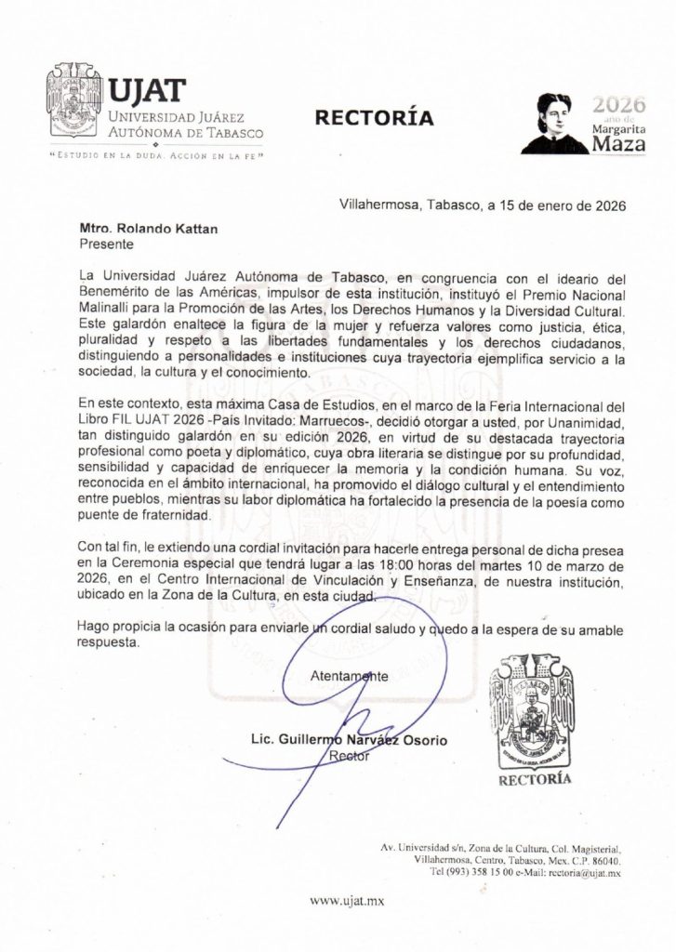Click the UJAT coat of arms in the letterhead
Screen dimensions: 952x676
pyautogui.click(x=74, y=104)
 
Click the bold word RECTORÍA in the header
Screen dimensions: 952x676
pyautogui.click(x=374, y=118)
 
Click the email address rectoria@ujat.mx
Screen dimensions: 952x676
pyautogui.click(x=584, y=874)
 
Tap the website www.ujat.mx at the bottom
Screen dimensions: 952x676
pyautogui.click(x=347, y=900)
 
